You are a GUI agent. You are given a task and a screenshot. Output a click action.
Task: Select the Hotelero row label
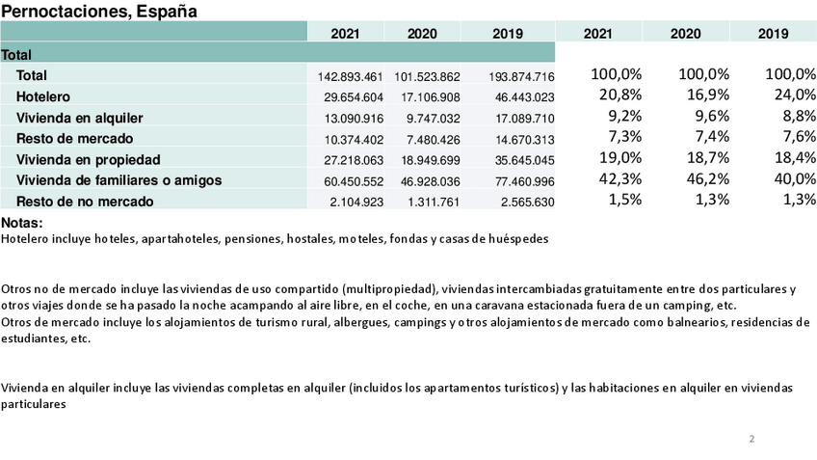tap(43, 96)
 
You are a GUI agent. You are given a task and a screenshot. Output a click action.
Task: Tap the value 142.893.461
tap(351, 76)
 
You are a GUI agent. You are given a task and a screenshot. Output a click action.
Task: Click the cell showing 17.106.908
tap(427, 97)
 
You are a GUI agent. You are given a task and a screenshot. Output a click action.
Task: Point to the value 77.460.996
tap(521, 181)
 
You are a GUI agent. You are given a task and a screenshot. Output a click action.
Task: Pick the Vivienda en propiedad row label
tap(88, 159)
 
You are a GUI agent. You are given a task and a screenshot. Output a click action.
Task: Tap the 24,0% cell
tap(792, 95)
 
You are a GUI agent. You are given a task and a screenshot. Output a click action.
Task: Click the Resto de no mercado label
tap(85, 202)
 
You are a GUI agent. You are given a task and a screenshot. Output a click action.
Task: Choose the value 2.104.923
tap(355, 203)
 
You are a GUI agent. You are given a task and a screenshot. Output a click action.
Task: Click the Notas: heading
tap(21, 223)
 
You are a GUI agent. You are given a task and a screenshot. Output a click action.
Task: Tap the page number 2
tap(751, 440)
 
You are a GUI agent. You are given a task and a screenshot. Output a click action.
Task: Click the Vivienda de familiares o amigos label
tap(119, 180)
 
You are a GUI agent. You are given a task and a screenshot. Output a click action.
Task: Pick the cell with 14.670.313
tap(521, 140)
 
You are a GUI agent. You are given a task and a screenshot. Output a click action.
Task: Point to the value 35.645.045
tap(521, 160)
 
